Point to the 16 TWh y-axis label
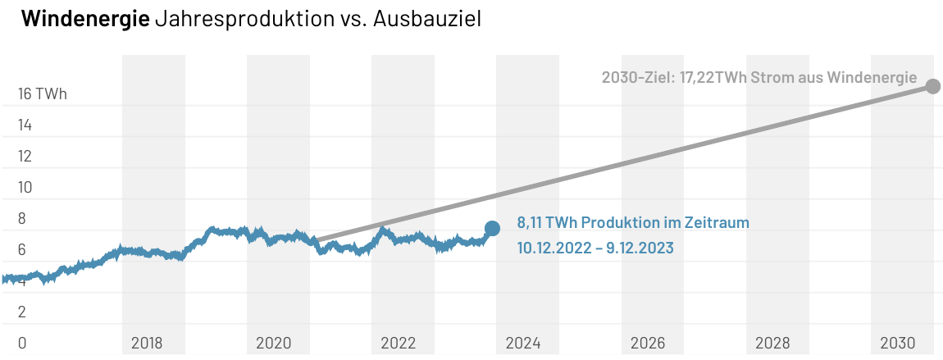pos(42,94)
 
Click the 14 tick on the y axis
pos(25,125)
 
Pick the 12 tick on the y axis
pos(25,157)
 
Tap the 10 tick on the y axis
pos(25,188)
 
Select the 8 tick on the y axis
pos(22,219)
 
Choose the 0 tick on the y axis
pos(22,343)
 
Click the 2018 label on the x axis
pos(148,343)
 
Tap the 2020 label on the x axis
pos(274,343)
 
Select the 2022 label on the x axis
pos(399,343)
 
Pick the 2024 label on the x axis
pos(523,343)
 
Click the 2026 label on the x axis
pos(648,343)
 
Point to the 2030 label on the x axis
pos(897,343)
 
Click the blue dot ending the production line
pos(492,228)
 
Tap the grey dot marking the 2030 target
pos(932,86)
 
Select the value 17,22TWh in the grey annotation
pos(713,78)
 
